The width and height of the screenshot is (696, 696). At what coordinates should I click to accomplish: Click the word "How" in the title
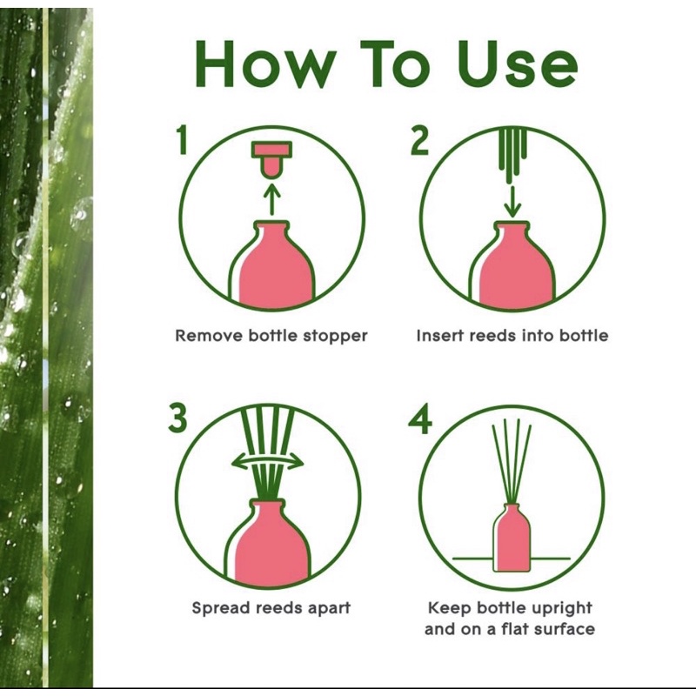point(265,64)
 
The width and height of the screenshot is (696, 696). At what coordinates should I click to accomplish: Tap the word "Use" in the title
point(518,64)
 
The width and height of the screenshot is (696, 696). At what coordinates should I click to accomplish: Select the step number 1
point(182,139)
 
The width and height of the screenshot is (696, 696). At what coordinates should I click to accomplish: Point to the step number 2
point(420,140)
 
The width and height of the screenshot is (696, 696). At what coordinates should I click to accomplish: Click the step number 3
point(177,418)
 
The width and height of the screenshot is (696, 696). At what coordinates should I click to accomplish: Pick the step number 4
point(420,418)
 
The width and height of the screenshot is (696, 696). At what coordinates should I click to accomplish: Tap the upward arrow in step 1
point(272,199)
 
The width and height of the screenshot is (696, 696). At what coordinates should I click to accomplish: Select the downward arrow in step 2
point(512,201)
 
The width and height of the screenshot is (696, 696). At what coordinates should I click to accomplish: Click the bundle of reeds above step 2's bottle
point(512,156)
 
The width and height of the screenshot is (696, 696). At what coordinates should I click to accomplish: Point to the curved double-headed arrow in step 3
point(267,462)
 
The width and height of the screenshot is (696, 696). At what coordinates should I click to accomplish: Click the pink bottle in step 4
point(512,538)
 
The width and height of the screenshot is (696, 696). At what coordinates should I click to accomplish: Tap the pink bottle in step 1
point(272,266)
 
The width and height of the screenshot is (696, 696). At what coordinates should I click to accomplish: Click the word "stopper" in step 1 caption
point(335,336)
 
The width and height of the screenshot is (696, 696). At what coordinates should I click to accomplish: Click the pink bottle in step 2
point(512,266)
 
